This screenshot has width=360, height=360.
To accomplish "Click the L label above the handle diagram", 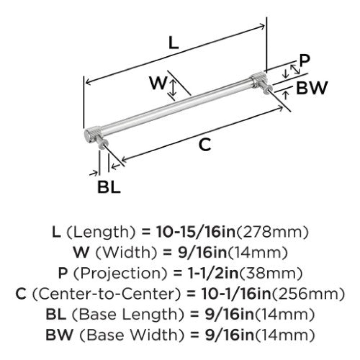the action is point(173,43).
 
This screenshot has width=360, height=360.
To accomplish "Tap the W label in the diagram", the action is point(157,83).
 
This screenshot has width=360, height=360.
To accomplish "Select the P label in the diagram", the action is point(305,61).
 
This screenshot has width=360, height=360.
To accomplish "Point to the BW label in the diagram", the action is point(312,88).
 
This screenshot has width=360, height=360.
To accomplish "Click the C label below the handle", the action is point(205,144).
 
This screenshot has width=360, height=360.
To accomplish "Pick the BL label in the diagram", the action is point(109,187).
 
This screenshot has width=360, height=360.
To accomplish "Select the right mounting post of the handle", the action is point(268,88).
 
